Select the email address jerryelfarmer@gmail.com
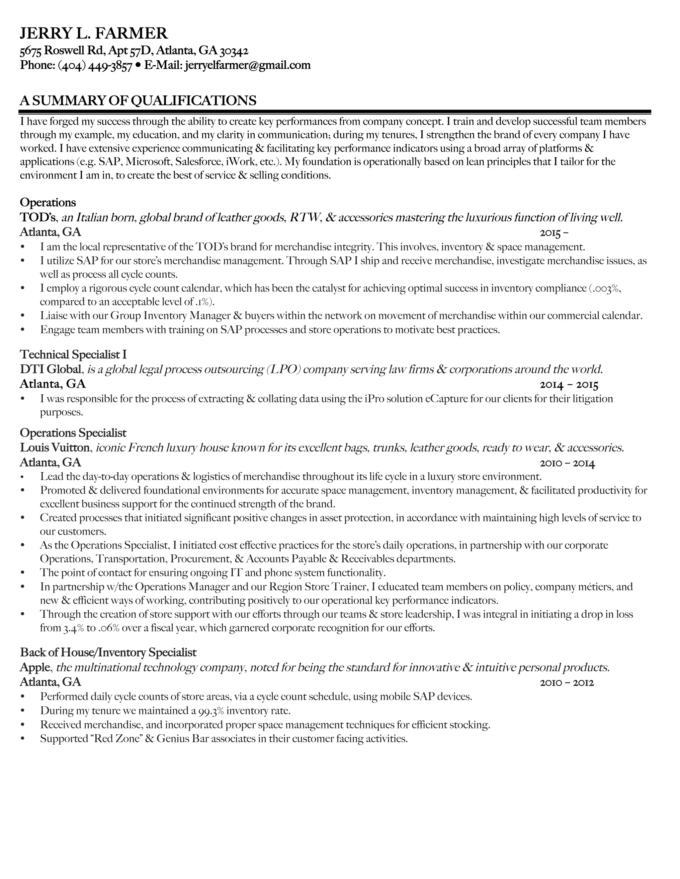click(247, 65)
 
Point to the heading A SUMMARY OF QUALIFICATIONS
click(138, 100)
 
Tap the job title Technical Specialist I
click(73, 354)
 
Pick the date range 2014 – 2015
click(569, 385)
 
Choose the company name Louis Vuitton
click(55, 447)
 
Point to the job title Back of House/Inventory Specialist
click(108, 652)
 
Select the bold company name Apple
click(35, 667)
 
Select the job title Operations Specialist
click(73, 433)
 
